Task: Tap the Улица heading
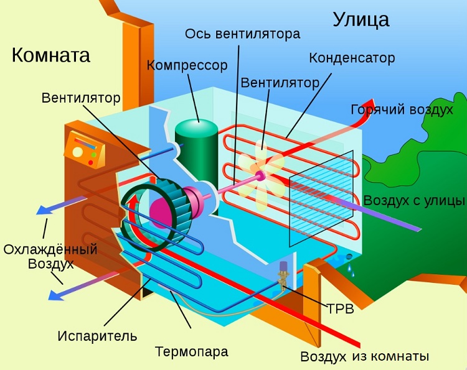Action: (361, 19)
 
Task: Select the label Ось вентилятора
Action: (243, 33)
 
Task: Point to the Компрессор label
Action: (187, 65)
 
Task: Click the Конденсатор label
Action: (352, 58)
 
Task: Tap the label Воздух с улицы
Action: (414, 200)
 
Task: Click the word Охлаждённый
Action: (50, 249)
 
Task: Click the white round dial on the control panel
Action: (78, 151)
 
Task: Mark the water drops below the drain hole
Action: (354, 268)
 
